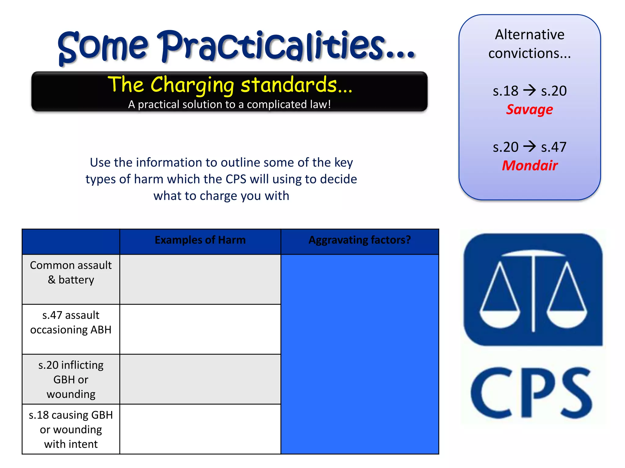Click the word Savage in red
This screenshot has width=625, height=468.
point(529,109)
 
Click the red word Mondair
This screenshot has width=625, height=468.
point(530,166)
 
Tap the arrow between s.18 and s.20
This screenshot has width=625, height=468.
point(529,90)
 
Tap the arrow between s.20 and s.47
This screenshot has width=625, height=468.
point(529,147)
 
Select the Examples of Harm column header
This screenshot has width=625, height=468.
point(200,240)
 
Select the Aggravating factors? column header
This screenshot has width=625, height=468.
point(359,240)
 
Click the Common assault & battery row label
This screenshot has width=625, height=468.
point(71,272)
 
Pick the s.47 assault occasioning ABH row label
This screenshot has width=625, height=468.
point(71,322)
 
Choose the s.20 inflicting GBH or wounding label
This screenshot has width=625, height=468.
point(71,379)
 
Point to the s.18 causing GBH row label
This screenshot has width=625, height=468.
point(71,429)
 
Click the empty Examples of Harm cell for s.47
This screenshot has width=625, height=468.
point(200,329)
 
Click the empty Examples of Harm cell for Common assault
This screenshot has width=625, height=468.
point(200,279)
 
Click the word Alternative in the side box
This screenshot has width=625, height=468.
point(529,34)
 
